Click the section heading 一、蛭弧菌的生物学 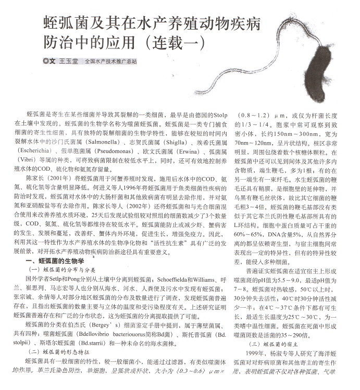pyautogui.click(x=51, y=260)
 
